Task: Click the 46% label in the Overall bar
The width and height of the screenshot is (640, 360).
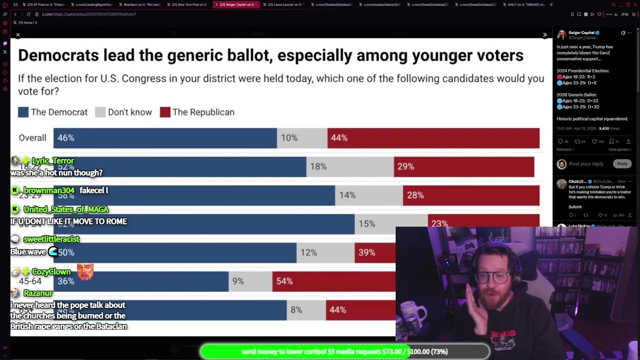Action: coord(65,138)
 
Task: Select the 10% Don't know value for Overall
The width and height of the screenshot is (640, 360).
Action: coord(289,138)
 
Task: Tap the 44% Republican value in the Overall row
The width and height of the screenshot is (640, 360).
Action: coord(339,138)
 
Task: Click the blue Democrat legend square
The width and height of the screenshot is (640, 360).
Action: coord(23,112)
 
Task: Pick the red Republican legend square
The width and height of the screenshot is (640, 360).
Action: coord(165,112)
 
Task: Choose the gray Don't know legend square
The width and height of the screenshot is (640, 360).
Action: coord(100,112)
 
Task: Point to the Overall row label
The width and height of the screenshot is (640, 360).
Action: coord(32,138)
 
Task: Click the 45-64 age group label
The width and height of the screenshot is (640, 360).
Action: coord(30,281)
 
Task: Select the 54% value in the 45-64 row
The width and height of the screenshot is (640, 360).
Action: coord(284,281)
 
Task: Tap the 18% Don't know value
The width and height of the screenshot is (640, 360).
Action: coord(318,166)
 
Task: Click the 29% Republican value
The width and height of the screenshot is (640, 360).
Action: coord(405,166)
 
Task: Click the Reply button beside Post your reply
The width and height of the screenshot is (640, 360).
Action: coord(622,163)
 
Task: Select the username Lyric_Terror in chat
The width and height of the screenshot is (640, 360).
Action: coord(52,160)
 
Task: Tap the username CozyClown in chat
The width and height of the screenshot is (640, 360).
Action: coord(51,271)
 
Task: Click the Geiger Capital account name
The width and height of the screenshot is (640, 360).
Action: coord(581,32)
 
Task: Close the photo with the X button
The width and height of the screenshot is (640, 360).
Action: coord(17,35)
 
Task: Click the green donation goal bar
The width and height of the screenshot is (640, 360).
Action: coord(345,351)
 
